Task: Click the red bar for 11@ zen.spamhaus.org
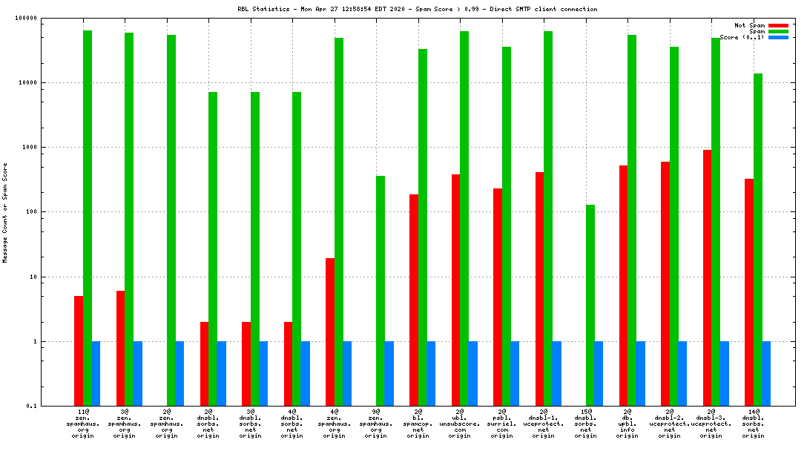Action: point(79,351)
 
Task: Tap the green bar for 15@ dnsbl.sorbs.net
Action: point(590,305)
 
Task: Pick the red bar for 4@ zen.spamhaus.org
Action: point(330,332)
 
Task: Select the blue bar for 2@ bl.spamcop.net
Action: point(431,373)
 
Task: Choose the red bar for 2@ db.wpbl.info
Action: point(624,286)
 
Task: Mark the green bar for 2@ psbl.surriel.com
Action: point(507,226)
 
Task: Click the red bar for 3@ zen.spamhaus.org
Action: point(120,348)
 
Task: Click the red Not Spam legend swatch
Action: point(778,25)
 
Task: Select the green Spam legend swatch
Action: point(778,31)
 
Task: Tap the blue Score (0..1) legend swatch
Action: point(778,37)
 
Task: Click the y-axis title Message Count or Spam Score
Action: point(5,213)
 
